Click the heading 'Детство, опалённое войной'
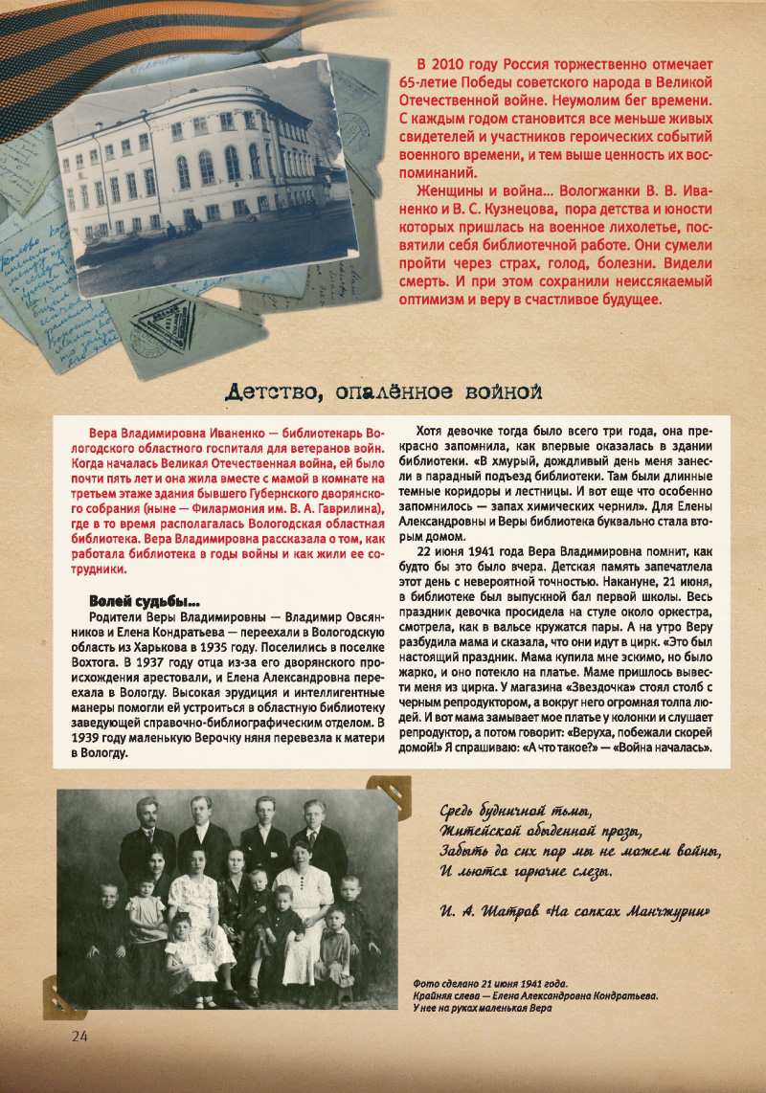(x=384, y=390)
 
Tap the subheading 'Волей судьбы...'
(x=144, y=601)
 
